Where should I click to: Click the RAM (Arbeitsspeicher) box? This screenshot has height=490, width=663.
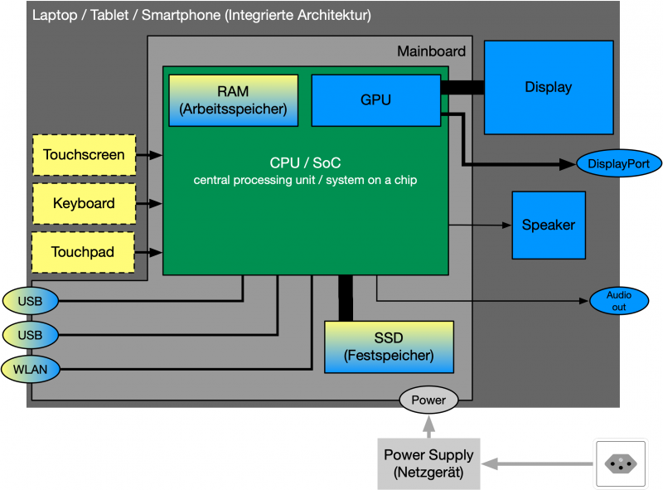233,99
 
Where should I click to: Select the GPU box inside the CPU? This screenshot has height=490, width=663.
376,99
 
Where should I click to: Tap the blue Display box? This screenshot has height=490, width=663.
548,87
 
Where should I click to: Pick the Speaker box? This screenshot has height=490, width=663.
548,225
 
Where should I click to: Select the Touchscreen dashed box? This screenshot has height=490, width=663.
84,155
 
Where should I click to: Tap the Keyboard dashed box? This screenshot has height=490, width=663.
84,203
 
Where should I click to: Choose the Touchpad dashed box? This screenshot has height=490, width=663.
84,252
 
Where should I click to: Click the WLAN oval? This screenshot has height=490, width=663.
31,368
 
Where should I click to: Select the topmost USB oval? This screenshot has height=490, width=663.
31,300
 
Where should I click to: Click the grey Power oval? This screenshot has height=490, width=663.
428,400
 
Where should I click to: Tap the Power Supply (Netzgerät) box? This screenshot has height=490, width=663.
428,463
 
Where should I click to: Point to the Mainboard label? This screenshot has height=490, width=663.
431,51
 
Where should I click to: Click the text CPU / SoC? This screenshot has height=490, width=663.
305,163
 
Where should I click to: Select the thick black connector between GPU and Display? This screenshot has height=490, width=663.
462,87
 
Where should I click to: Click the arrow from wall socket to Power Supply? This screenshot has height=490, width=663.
539,463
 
